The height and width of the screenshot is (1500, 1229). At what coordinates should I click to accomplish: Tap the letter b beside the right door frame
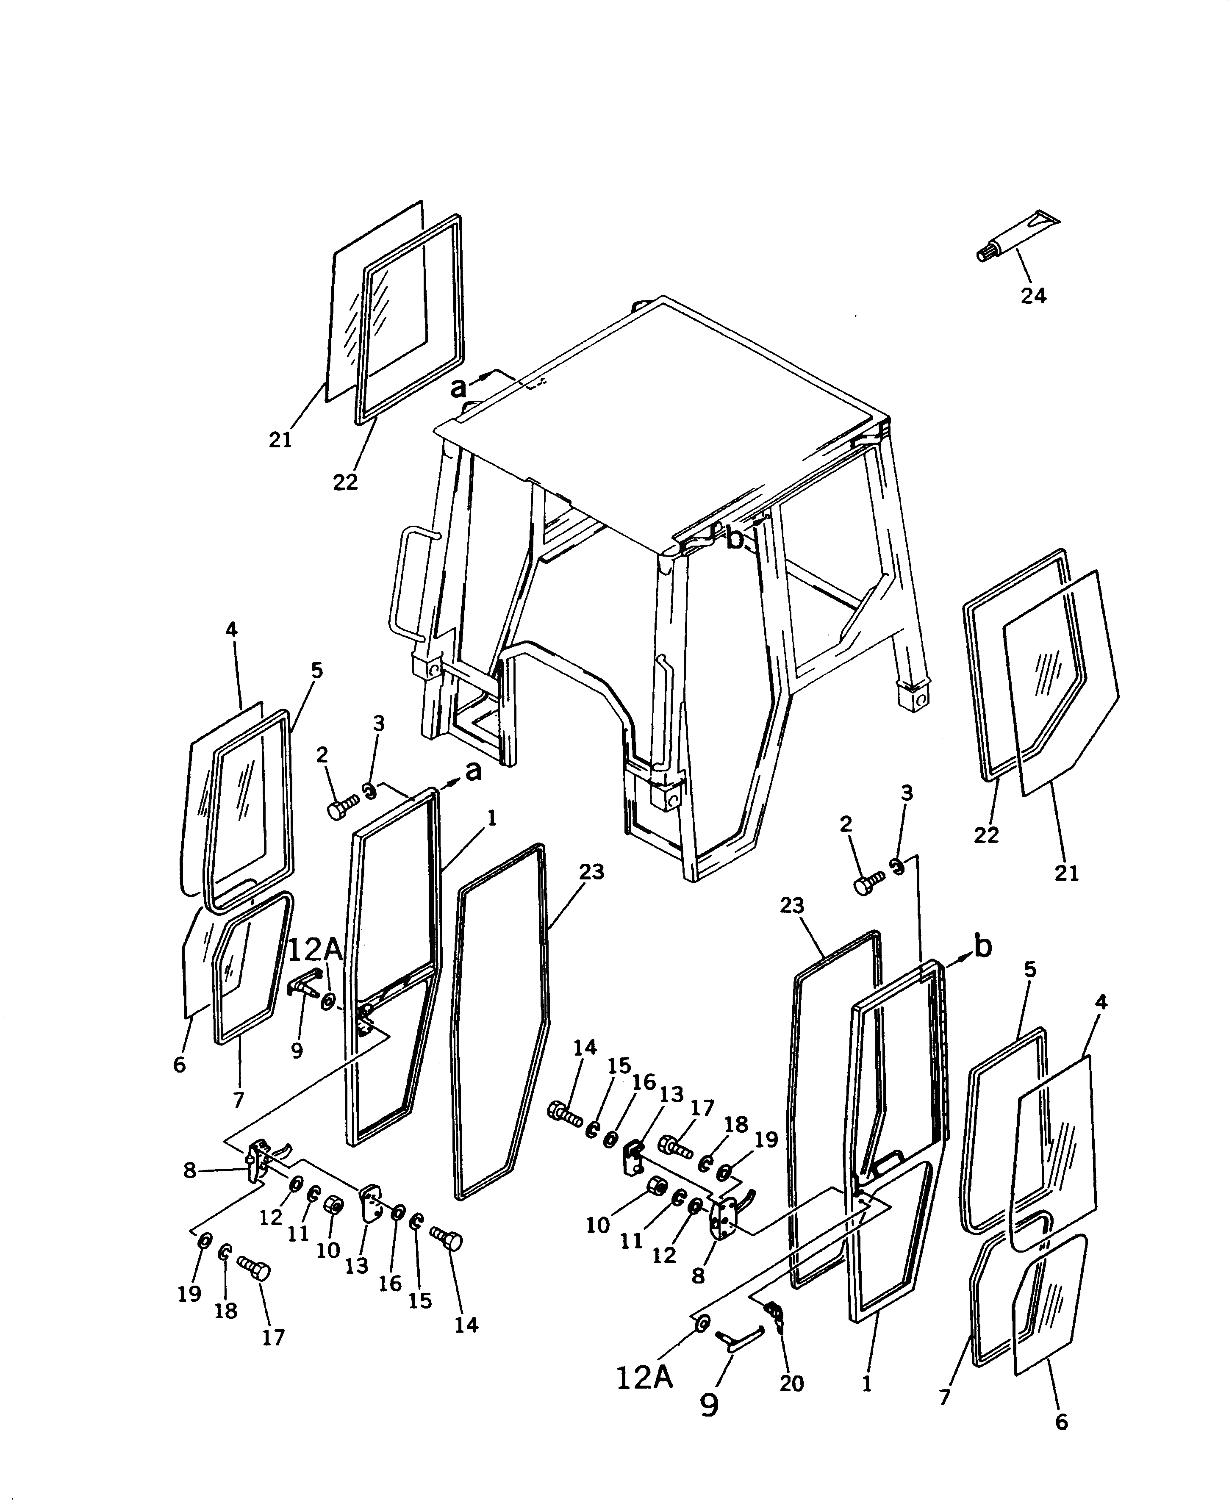982,946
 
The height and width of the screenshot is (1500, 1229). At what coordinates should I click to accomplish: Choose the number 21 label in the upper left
280,440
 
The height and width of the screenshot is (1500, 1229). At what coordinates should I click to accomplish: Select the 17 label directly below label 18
273,1337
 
